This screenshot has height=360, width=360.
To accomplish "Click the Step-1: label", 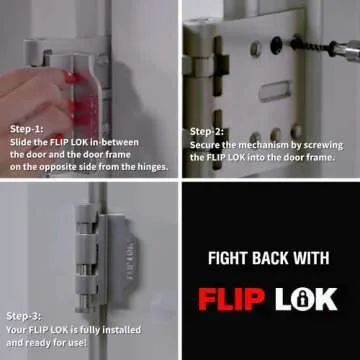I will pyautogui.click(x=26, y=130).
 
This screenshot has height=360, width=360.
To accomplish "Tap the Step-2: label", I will pyautogui.click(x=207, y=131).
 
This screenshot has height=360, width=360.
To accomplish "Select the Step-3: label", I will pyautogui.click(x=24, y=316).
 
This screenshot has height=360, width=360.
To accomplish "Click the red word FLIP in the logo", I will pyautogui.click(x=233, y=298).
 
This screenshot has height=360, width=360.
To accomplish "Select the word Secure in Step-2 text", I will pyautogui.click(x=208, y=144).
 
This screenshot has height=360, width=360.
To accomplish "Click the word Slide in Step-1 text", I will pyautogui.click(x=24, y=143).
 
